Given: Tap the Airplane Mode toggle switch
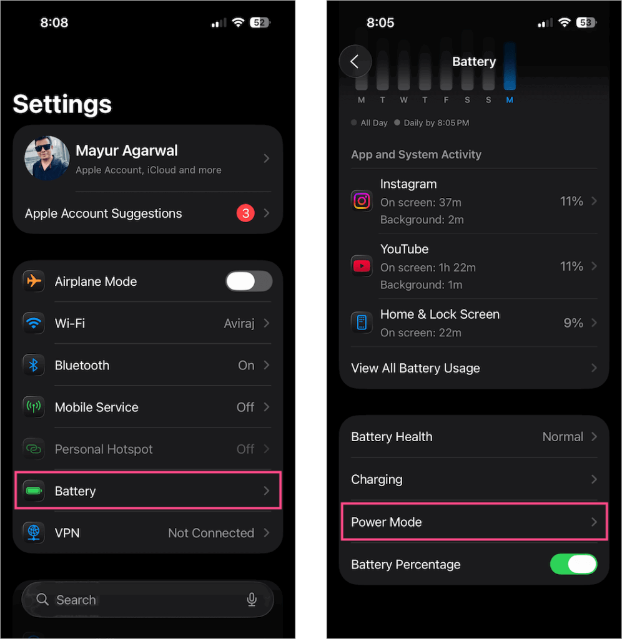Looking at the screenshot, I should (249, 281).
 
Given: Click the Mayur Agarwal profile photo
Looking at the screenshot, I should (47, 159).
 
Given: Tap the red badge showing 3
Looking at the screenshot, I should (245, 213).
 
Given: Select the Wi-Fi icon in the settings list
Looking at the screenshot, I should (34, 323).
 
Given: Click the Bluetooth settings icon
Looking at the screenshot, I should (34, 365).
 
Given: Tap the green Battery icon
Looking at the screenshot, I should (34, 491).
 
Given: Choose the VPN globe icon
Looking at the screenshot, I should (34, 533).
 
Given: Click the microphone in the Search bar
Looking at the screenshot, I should (252, 600).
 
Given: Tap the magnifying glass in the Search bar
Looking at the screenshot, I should (42, 600).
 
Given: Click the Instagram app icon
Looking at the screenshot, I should (362, 201).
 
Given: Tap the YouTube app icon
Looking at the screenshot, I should (362, 266).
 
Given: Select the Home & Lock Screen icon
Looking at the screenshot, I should (362, 323).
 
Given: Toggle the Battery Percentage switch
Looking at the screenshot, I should (573, 564).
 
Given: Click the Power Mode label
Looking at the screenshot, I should (387, 522).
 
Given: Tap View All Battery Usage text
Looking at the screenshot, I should (415, 368).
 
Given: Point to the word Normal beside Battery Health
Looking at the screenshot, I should (562, 437).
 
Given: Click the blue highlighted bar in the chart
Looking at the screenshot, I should (510, 67).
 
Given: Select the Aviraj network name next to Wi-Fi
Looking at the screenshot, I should (239, 323).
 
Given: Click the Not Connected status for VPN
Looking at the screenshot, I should (211, 533).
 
